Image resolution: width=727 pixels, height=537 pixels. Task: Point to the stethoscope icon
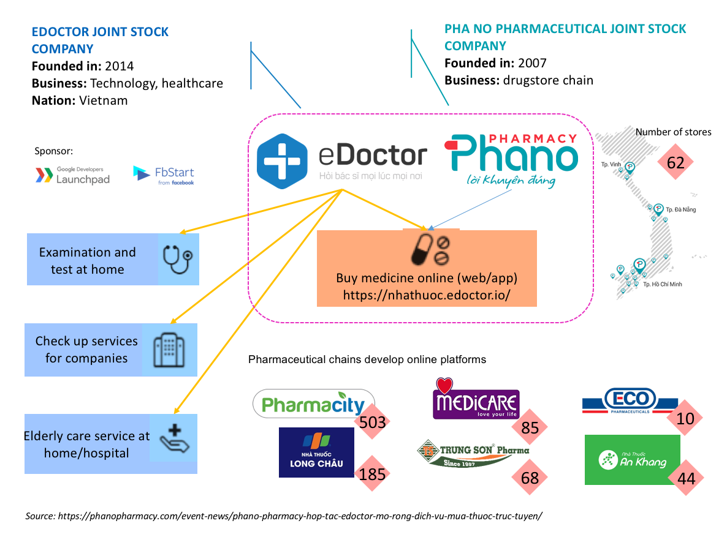point(178,258)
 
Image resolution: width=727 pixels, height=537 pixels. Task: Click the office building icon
point(169,350)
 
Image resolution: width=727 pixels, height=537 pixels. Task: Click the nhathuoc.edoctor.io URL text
point(427,295)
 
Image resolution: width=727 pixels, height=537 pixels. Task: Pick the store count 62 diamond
point(675,163)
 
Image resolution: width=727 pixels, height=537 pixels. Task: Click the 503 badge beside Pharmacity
point(373,422)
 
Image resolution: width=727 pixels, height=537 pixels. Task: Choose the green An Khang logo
point(632,459)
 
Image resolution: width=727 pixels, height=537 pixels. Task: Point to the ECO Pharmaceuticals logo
point(630,402)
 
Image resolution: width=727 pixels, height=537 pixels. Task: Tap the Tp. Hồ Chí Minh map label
point(662,284)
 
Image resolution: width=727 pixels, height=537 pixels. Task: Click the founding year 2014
point(119,66)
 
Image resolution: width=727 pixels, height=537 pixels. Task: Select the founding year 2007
point(531,63)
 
